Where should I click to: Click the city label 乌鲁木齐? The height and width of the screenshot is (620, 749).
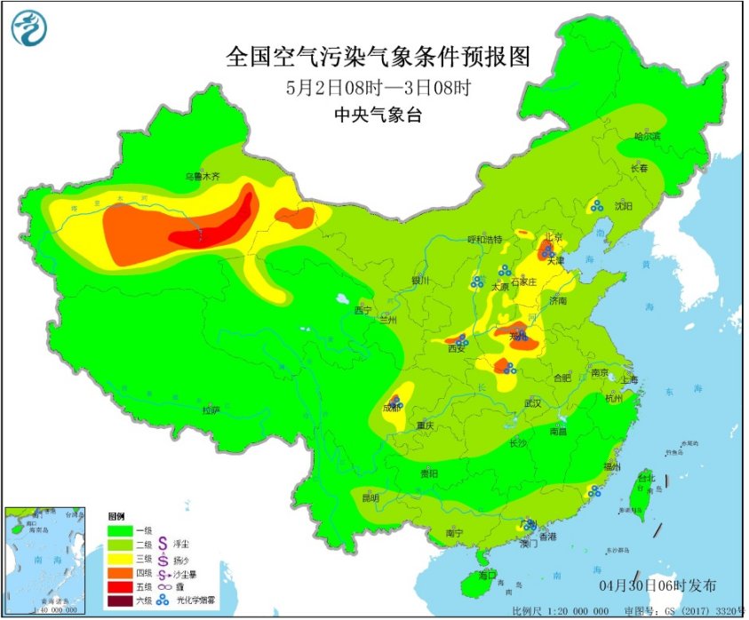[202, 177]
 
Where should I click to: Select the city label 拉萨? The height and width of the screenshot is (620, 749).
[211, 409]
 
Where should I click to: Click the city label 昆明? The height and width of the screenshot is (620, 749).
[371, 497]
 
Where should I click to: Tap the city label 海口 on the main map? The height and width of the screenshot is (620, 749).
[486, 575]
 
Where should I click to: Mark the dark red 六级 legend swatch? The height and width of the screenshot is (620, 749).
[119, 603]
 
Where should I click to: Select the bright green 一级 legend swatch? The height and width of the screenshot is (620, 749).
[119, 530]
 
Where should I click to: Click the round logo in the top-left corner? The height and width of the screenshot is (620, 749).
[28, 28]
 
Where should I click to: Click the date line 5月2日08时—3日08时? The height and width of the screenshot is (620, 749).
[378, 88]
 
